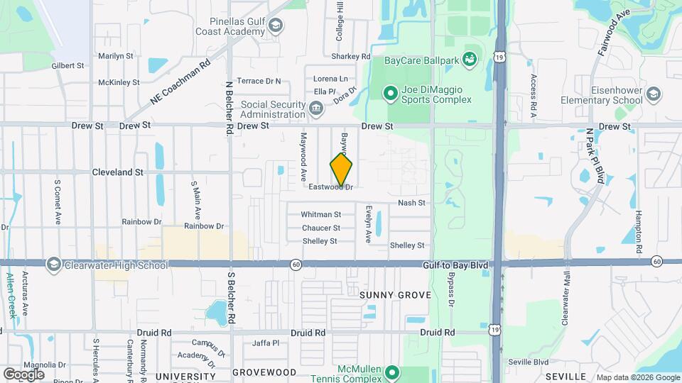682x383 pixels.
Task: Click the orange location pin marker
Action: pos(342,170)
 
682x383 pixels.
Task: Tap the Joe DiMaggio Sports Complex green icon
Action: pos(389,93)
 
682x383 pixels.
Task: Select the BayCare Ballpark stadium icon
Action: pos(469,60)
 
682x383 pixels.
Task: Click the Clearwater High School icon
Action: pos(53,265)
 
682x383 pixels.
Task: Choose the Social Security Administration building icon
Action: pos(316,109)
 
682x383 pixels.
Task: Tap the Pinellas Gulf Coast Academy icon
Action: pos(276,27)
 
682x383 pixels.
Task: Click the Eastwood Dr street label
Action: pos(331,187)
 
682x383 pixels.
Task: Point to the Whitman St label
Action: pos(321,214)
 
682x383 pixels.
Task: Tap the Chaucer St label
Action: pos(321,228)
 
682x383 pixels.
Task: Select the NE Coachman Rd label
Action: pos(180,83)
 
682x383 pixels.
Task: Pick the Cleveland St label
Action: pos(118,172)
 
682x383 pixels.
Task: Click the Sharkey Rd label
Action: pos(351,57)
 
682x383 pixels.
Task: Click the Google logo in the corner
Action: pos(23,374)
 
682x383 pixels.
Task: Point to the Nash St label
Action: pos(411,203)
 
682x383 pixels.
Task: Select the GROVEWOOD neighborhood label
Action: pos(264,372)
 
